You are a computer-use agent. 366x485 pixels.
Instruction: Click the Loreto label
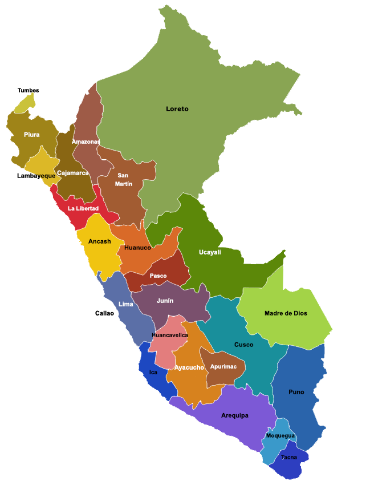click(x=177, y=109)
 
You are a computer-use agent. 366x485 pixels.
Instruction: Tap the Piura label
click(x=32, y=135)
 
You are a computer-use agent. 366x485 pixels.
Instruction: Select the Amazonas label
click(x=86, y=142)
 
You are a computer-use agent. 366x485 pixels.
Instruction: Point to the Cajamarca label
click(x=73, y=173)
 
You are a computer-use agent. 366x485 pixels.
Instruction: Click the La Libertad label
click(x=83, y=208)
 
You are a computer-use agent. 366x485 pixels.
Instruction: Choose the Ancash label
click(x=100, y=241)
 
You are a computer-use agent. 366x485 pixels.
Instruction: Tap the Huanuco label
click(x=137, y=248)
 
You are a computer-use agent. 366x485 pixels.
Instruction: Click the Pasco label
click(x=158, y=276)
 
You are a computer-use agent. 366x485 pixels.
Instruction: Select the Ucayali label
click(x=210, y=252)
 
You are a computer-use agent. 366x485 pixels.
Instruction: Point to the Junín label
click(x=165, y=301)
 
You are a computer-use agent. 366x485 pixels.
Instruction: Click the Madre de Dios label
click(x=286, y=313)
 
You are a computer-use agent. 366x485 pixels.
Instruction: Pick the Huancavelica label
click(x=170, y=335)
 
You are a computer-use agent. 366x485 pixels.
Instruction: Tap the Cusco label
click(x=244, y=345)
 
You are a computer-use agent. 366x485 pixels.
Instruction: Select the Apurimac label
click(x=223, y=366)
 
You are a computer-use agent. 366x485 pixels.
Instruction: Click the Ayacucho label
click(x=189, y=367)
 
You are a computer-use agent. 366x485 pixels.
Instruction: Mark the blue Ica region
click(x=153, y=379)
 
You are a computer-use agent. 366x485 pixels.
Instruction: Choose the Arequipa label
click(x=235, y=415)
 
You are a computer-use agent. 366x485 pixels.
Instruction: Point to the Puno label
click(x=296, y=392)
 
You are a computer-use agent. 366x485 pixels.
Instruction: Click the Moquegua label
click(x=280, y=436)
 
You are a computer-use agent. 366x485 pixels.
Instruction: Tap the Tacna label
click(x=289, y=457)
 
